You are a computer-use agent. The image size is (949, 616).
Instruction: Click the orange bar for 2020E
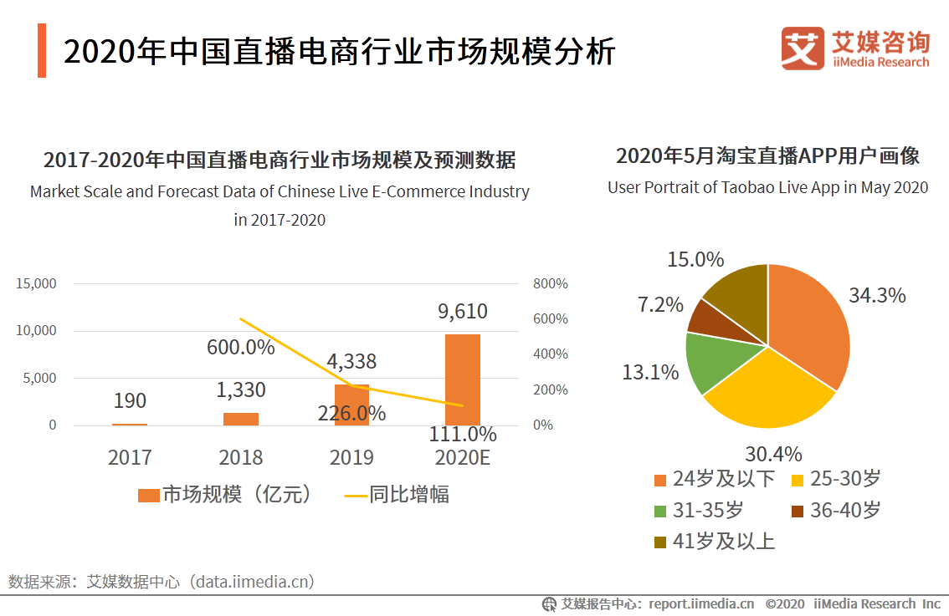(x=462, y=379)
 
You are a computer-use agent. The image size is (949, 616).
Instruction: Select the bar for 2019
(x=351, y=405)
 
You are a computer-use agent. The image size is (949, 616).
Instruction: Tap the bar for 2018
(x=241, y=419)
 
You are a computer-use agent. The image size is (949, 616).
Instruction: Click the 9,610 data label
(x=462, y=312)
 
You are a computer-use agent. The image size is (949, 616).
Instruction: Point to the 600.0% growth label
(x=241, y=347)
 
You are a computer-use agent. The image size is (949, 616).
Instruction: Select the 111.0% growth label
(x=463, y=435)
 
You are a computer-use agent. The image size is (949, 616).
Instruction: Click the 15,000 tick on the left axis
(x=37, y=283)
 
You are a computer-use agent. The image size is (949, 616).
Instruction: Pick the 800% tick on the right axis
(x=550, y=283)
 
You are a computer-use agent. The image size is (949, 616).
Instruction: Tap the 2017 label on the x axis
(x=130, y=457)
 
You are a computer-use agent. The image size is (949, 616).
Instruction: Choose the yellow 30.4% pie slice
(x=766, y=391)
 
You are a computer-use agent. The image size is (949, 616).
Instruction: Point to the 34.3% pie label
(x=877, y=295)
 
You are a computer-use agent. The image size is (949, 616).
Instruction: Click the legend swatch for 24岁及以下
(x=660, y=480)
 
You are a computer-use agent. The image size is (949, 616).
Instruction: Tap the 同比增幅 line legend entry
(x=398, y=495)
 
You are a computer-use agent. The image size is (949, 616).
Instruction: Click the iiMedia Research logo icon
(x=803, y=48)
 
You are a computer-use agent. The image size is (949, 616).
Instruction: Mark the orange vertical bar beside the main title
(x=41, y=50)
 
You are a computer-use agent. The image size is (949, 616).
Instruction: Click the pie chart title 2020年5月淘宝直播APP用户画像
(x=767, y=156)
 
